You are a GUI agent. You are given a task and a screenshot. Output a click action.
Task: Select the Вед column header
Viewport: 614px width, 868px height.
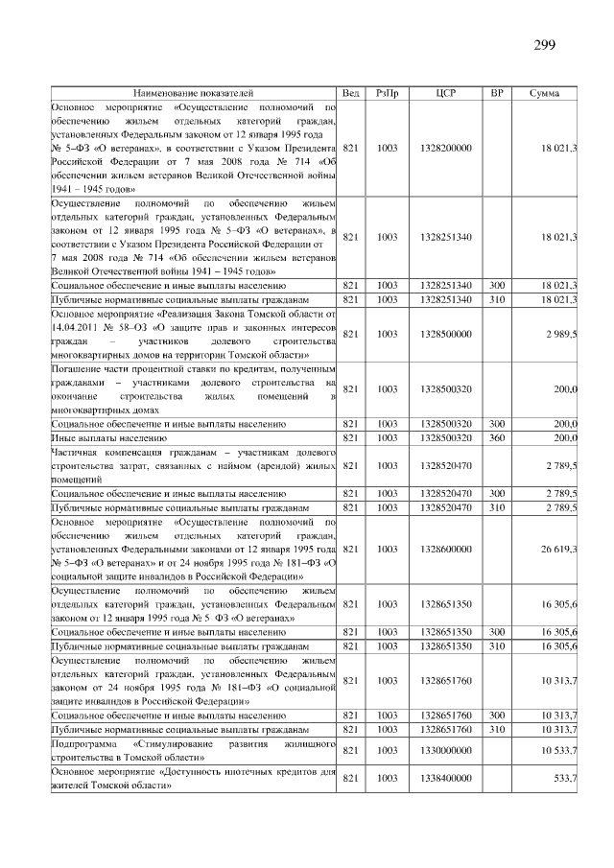coord(352,93)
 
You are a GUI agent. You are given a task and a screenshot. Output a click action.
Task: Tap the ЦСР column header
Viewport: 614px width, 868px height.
coord(445,93)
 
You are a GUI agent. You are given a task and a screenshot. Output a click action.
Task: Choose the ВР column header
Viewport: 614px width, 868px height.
coord(497,93)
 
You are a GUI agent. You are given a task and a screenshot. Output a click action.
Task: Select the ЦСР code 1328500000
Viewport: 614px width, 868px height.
coord(445,334)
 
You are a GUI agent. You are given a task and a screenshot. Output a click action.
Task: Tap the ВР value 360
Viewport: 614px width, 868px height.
coord(497,437)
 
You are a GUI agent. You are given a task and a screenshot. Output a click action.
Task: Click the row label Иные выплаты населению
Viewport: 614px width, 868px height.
coord(96,437)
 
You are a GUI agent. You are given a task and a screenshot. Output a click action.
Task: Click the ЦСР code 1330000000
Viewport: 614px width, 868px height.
coord(445,750)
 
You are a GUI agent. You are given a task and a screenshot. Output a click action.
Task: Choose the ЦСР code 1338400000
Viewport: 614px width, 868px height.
coord(445,778)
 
